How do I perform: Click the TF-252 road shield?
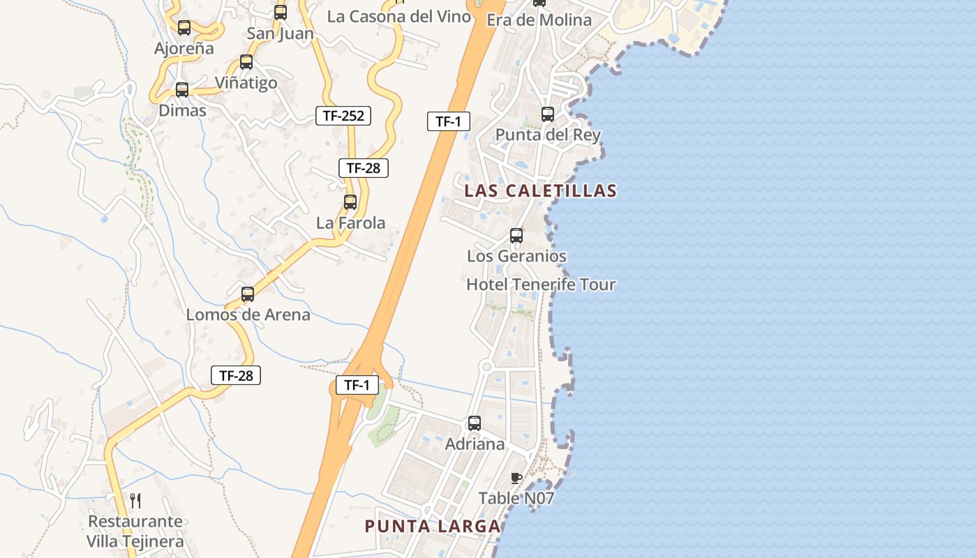[x=343, y=116]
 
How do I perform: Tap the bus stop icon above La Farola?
[x=350, y=202]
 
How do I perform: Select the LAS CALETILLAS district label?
[x=540, y=190]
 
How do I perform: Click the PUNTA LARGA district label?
[x=433, y=526]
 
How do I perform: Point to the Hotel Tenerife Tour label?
[x=541, y=285]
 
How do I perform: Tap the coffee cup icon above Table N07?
[x=516, y=478]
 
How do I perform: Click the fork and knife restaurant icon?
[x=135, y=500]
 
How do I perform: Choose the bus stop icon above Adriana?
[x=475, y=423]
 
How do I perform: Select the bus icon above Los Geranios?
[x=516, y=236]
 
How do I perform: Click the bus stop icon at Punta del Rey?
[x=548, y=114]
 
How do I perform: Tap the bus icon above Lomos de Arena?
[x=248, y=294]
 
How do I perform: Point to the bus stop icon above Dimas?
[x=182, y=90]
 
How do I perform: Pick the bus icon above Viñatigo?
[x=246, y=62]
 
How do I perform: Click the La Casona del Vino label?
[x=399, y=17]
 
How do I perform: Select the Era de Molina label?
[x=539, y=20]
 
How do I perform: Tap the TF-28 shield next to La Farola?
[x=363, y=168]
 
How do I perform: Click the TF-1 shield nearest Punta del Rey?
[x=448, y=121]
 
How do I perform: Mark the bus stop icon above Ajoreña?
[x=184, y=28]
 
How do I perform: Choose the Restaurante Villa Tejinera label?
[x=135, y=531]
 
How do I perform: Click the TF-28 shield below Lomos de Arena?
[x=236, y=375]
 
